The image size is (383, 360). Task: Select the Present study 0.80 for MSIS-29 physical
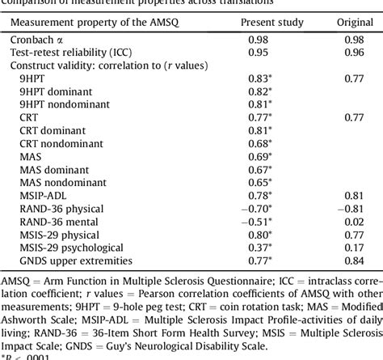click(x=258, y=234)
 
